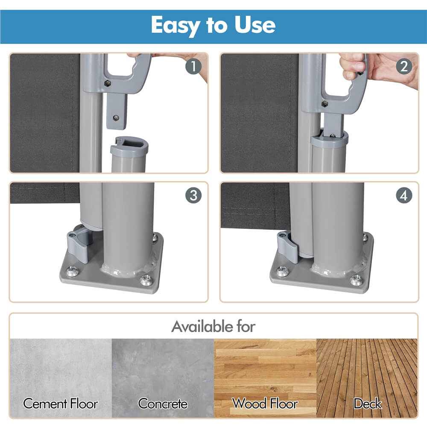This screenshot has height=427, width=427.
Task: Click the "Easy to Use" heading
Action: [x=213, y=25]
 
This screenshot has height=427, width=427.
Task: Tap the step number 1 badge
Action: [x=193, y=66]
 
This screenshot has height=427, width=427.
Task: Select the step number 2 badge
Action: [x=404, y=66]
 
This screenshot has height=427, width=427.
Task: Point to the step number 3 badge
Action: [x=193, y=195]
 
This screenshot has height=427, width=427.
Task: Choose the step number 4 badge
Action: [x=404, y=195]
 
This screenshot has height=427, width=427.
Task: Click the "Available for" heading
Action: [x=213, y=326]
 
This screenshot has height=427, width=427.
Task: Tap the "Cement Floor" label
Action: [x=61, y=404]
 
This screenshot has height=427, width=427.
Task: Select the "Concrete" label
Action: [x=163, y=404]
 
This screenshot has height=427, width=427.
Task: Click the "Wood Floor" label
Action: [x=265, y=404]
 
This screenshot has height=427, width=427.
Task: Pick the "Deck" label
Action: [x=367, y=404]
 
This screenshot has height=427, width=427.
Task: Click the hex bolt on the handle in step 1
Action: [x=108, y=83]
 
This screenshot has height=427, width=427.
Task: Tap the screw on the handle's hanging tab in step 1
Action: [x=116, y=118]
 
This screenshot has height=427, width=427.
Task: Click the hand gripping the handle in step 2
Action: [x=354, y=67]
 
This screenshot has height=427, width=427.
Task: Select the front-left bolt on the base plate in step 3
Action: [x=72, y=271]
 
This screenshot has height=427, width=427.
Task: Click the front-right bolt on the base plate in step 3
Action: [x=146, y=280]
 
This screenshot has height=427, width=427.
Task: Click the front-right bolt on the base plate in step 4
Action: [x=357, y=279]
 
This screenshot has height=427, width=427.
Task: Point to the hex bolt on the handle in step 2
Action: [x=325, y=104]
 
